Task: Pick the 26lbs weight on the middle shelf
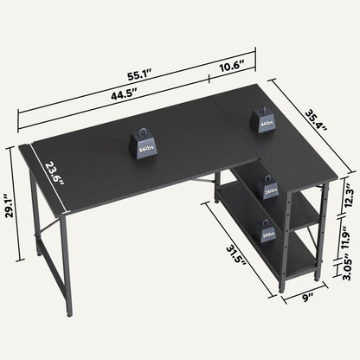click(x=270, y=188)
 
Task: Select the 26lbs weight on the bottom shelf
click(x=267, y=231)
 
